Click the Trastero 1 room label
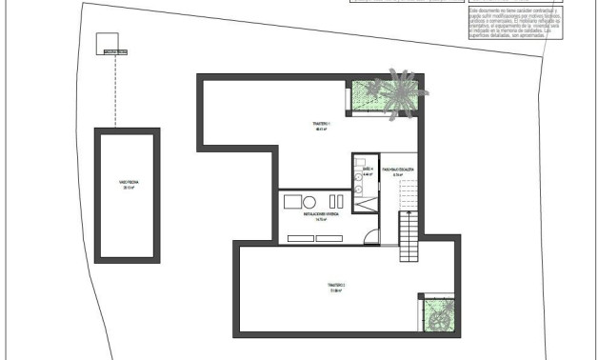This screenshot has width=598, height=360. pos(321,127)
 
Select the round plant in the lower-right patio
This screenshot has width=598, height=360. pos(440,322)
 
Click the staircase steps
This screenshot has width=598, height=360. pos(408,238)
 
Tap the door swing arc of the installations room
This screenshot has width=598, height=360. pos(372,238)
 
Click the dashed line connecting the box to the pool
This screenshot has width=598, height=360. pos(115,90)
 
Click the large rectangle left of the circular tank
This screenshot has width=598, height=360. pos(292,202)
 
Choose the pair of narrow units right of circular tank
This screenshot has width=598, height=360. pos(334,201)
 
